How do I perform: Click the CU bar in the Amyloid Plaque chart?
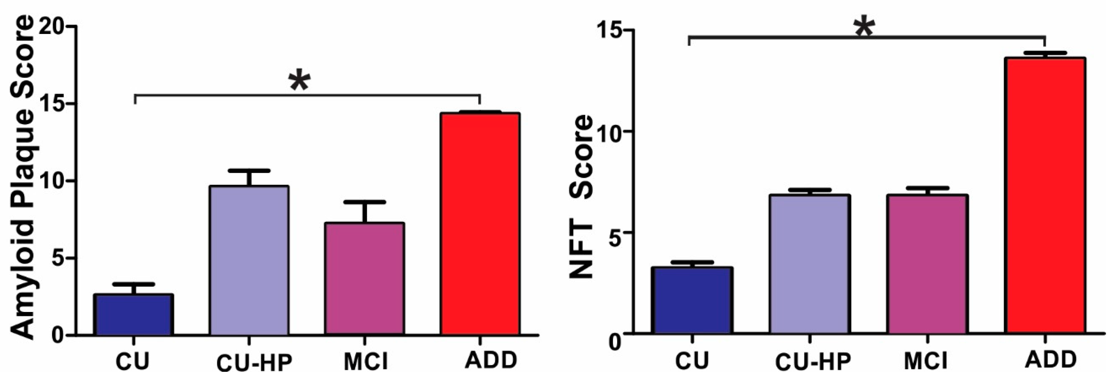(134, 315)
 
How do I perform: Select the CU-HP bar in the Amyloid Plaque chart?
(249, 260)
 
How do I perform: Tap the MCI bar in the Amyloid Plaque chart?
(365, 279)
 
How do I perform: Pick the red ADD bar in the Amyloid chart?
(480, 224)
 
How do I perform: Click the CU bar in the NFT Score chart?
(692, 300)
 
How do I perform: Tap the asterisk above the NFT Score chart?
(864, 28)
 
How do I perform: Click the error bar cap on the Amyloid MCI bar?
(365, 202)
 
